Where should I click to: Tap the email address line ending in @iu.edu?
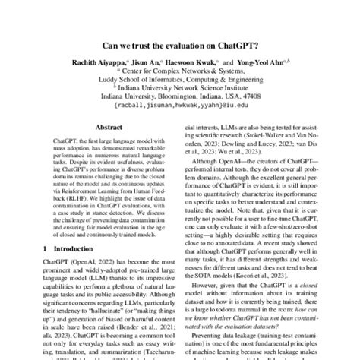tap(180, 116)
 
